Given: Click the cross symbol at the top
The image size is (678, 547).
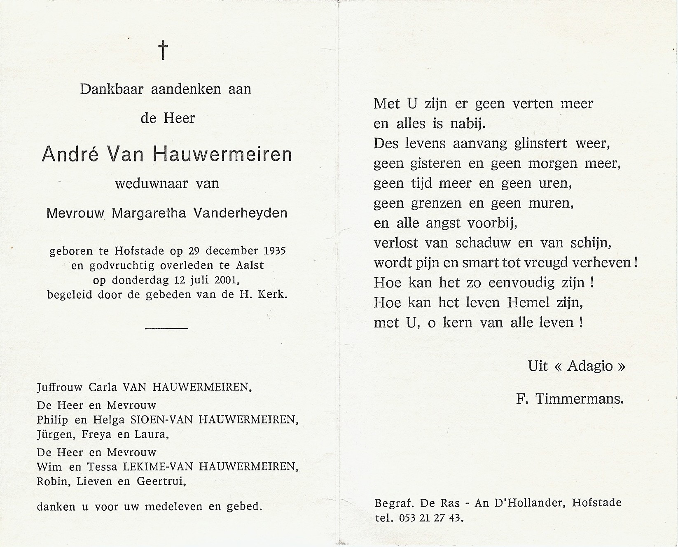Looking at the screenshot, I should [163, 50].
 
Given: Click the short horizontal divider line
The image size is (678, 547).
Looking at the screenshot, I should [167, 328].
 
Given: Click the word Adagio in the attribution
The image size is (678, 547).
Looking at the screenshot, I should [589, 366].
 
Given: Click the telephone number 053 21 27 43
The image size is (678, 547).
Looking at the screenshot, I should [431, 518].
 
